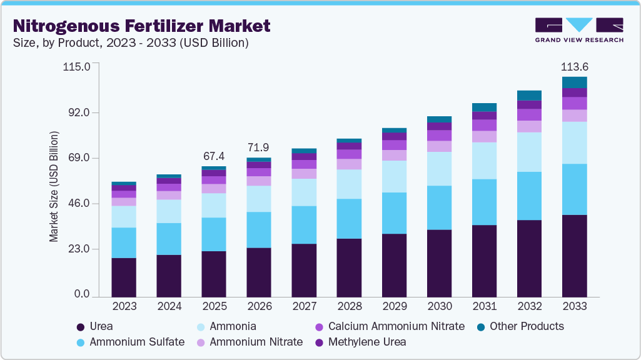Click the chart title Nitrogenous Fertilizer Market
[x=142, y=26]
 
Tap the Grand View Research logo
[x=579, y=29]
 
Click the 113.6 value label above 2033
[x=574, y=67]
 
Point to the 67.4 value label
[x=214, y=155]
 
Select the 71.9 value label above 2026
[x=259, y=147]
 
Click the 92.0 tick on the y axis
[x=79, y=112]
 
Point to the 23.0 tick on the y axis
[x=79, y=249]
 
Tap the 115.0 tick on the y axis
[x=76, y=67]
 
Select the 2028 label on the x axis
[x=349, y=306]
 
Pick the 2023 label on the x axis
[x=124, y=306]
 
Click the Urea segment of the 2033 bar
[x=574, y=255]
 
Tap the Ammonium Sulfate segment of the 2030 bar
[x=439, y=207]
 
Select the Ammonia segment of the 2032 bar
[x=529, y=152]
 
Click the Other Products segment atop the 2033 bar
[x=574, y=82]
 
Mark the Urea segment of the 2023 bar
[x=124, y=277]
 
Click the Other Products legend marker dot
[x=481, y=327]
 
